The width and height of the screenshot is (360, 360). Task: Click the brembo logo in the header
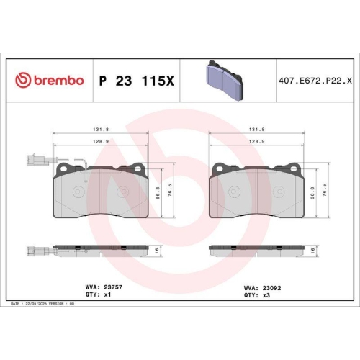49,81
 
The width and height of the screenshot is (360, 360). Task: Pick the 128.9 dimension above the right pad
257,142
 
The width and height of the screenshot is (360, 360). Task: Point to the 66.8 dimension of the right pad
312,192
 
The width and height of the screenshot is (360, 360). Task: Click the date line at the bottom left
43,305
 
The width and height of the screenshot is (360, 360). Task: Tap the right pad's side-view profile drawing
256,249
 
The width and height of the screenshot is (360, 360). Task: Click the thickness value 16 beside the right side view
313,249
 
